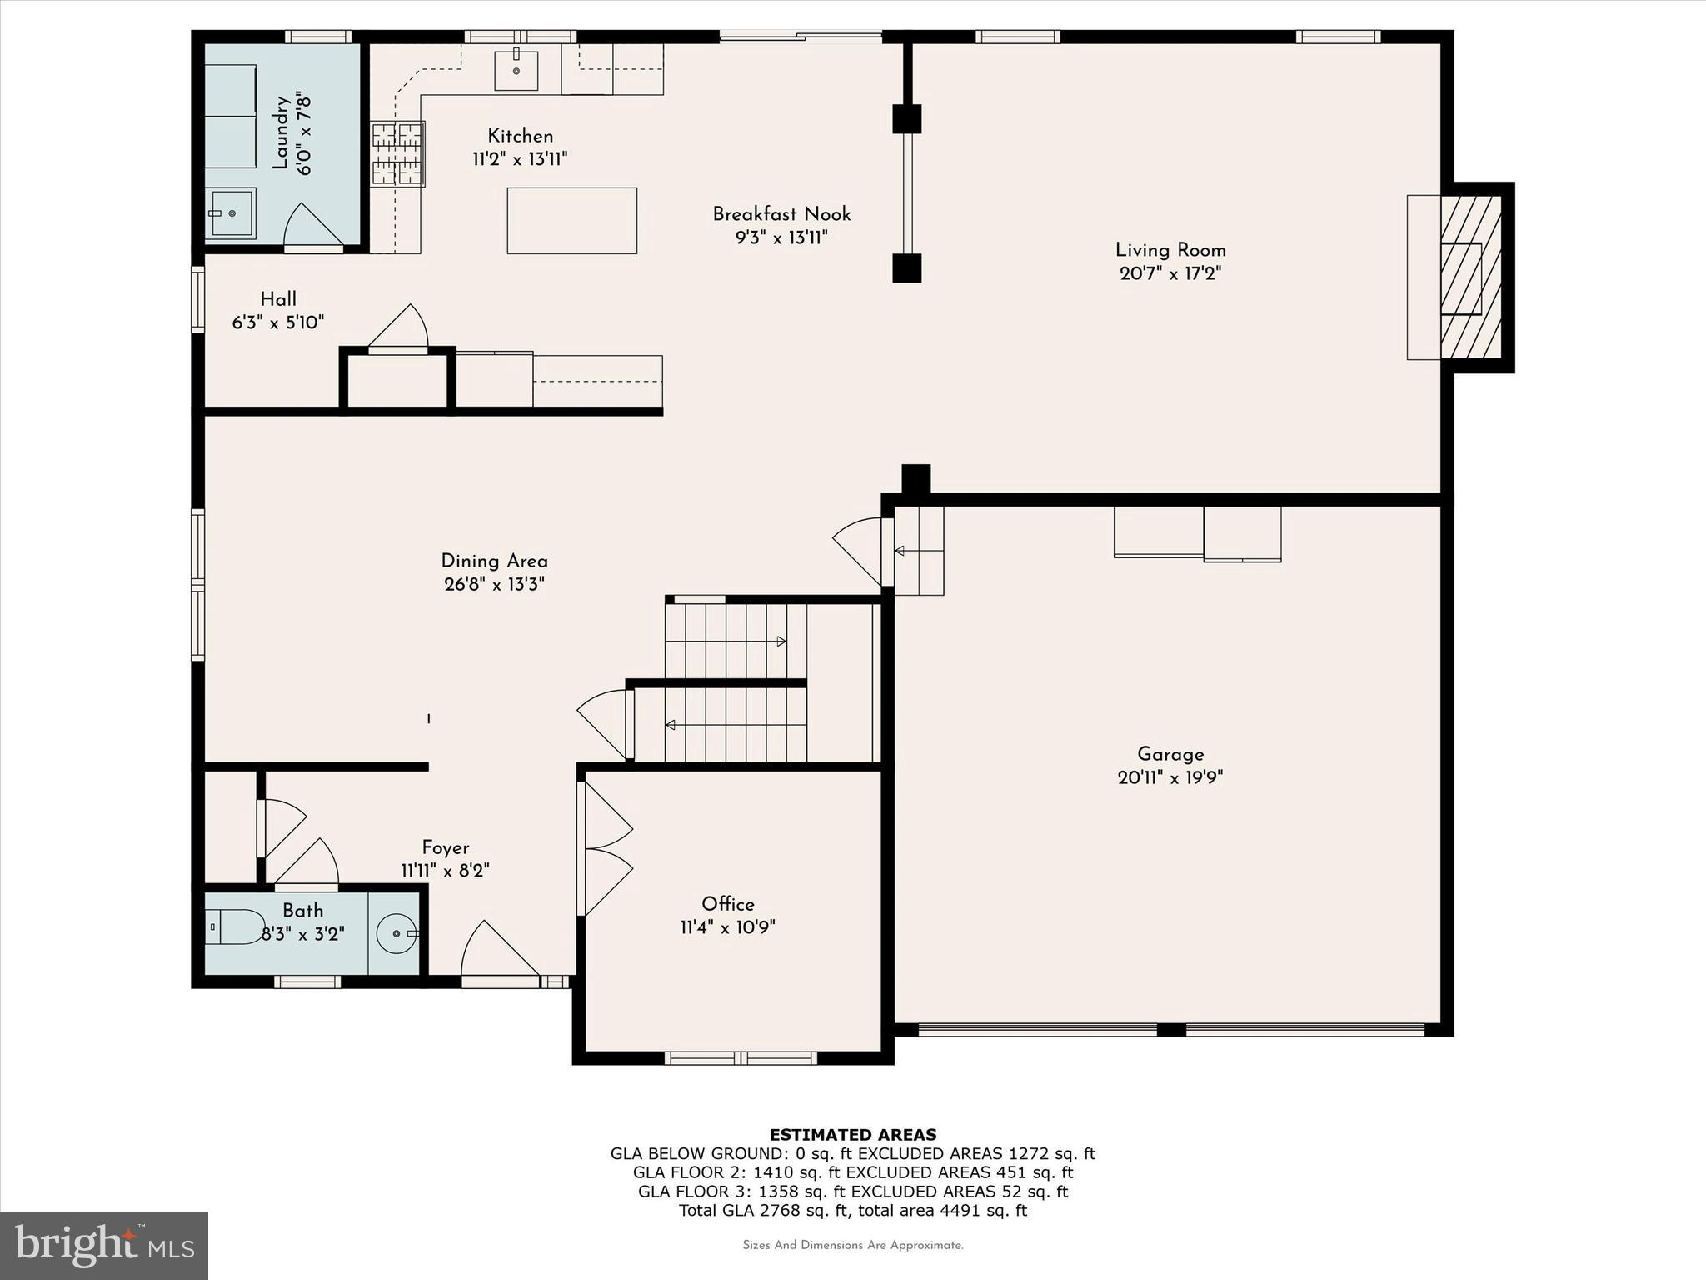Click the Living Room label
[1170, 250]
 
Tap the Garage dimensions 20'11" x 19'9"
[1170, 777]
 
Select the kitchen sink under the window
[516, 70]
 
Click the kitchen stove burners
[397, 153]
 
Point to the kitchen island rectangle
[572, 221]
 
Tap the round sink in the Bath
[397, 933]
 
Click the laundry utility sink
[231, 213]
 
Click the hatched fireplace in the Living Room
[1470, 277]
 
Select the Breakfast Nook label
[781, 214]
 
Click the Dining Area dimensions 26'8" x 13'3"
[494, 584]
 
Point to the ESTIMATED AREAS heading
[852, 1134]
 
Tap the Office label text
[727, 904]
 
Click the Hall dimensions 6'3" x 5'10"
[277, 322]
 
